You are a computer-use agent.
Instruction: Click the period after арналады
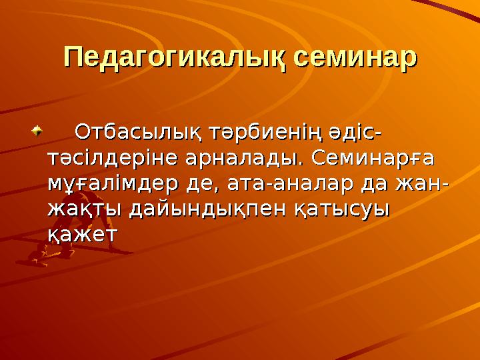pyautogui.click(x=299, y=165)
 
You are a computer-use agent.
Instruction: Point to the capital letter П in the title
pyautogui.click(x=73, y=57)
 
